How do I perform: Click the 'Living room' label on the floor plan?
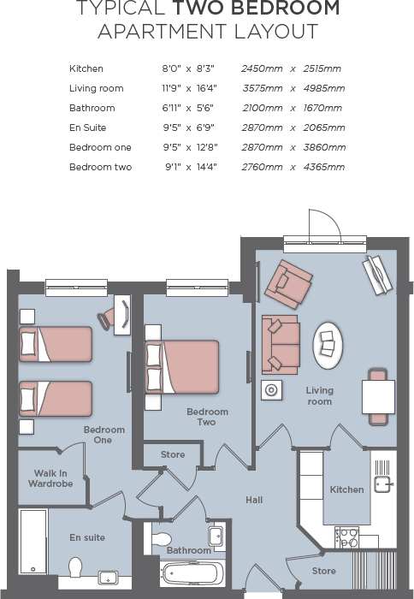(x=319, y=396)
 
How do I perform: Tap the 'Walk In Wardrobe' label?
(x=53, y=478)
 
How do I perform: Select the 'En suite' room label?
(x=87, y=537)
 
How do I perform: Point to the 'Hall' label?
(x=254, y=500)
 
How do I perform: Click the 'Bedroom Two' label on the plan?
(x=207, y=417)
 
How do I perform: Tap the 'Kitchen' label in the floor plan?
(x=346, y=489)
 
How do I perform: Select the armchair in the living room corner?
(x=288, y=284)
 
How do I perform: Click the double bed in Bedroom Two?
(x=182, y=367)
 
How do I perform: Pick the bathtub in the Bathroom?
(x=192, y=572)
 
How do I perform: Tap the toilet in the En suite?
(x=74, y=568)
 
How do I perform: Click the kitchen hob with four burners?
(x=348, y=538)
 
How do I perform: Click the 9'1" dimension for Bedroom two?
(x=174, y=167)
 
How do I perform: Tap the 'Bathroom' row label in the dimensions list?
(x=92, y=108)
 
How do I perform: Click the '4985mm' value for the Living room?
(x=324, y=88)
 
